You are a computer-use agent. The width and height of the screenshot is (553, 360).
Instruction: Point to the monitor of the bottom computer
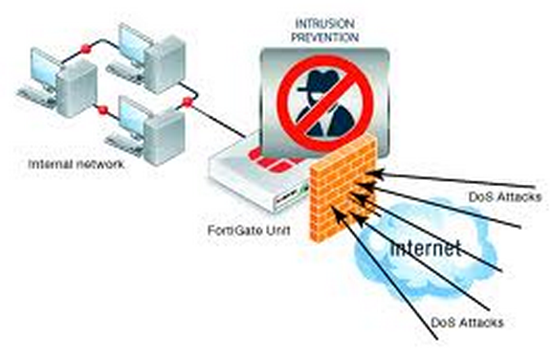tap(131, 115)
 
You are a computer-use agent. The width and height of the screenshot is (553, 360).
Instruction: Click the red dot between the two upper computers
tap(87, 45)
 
